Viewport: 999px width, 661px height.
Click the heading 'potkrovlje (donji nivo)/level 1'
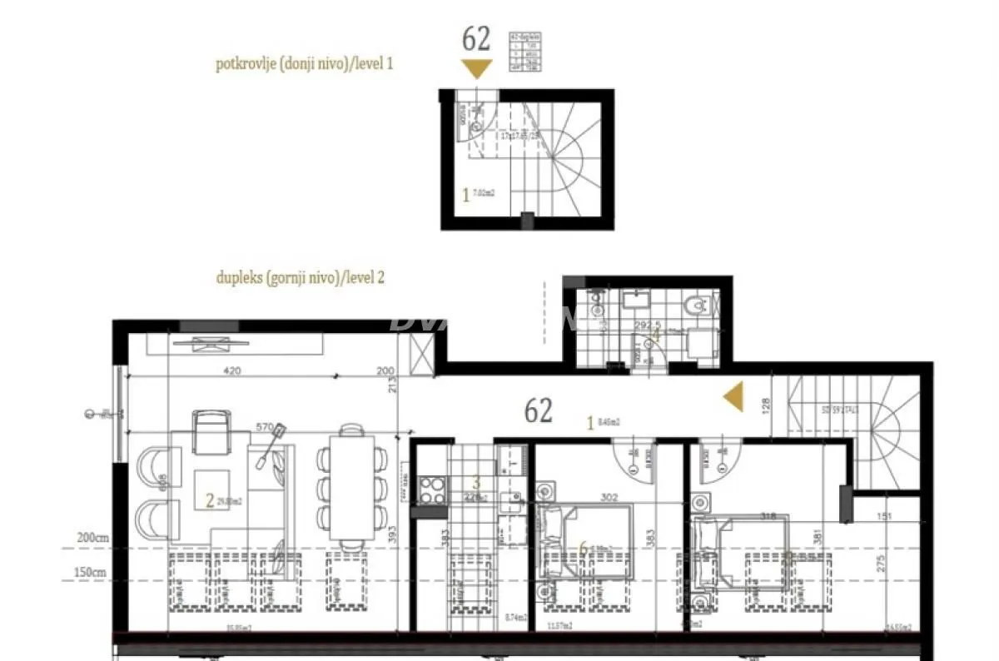pos(304,63)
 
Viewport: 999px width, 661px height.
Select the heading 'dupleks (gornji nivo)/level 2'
pos(300,278)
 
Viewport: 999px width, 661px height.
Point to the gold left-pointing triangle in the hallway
pos(733,398)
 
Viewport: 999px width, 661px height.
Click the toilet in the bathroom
pos(693,309)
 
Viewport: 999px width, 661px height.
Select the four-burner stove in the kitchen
pos(432,488)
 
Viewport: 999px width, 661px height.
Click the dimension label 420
pos(233,371)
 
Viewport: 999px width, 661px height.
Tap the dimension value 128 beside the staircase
pos(766,405)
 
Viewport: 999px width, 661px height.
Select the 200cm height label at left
pos(91,539)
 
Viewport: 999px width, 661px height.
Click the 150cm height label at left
pos(91,573)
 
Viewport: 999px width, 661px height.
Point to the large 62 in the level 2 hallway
pos(539,410)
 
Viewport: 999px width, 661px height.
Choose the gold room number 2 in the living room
pos(210,500)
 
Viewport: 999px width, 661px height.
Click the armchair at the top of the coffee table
pos(210,430)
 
